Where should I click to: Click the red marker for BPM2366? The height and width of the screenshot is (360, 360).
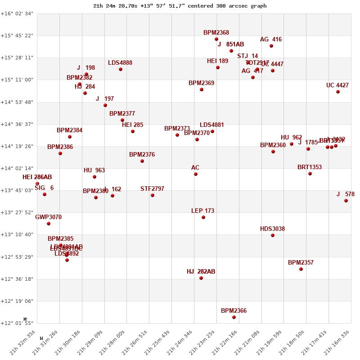tap(234, 317)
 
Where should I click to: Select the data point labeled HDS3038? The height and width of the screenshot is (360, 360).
tap(273, 235)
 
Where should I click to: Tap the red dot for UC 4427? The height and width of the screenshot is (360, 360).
tap(338, 92)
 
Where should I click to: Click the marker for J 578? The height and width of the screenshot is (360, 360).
tap(346, 201)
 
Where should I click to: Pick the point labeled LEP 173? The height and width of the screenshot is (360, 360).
tap(203, 217)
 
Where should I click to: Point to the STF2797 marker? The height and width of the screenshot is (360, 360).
tap(153, 195)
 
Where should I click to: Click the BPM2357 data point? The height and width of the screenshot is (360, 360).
tap(301, 269)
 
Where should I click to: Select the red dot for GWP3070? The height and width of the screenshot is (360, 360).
tap(49, 224)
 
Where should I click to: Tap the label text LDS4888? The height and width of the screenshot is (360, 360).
tap(120, 63)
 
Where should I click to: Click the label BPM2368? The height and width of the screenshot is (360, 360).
tap(216, 33)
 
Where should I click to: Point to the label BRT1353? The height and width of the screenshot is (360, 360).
tap(310, 167)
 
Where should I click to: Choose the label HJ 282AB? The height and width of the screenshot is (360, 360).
tap(201, 272)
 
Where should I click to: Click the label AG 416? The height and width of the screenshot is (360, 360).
tap(271, 40)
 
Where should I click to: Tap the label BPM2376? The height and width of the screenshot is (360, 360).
tap(142, 155)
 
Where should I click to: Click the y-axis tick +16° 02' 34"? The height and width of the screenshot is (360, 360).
tap(17, 13)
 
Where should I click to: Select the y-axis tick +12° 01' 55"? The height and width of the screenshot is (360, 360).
tap(17, 323)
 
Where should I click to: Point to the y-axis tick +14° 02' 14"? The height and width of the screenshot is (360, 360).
tap(17, 168)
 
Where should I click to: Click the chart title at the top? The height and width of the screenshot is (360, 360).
tap(180, 6)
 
